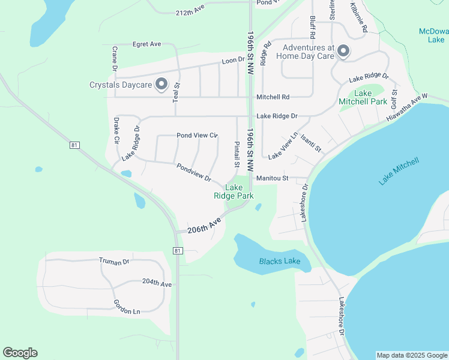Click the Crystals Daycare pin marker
pos(161,85)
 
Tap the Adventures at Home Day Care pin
pos(343,51)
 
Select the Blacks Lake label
pos(280,261)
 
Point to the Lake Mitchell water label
pos(399,172)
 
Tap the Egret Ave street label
pos(146,44)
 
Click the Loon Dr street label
pos(234,60)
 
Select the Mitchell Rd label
pos(273,97)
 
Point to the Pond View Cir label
pos(197,136)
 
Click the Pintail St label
pos(237,154)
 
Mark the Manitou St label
pos(273,178)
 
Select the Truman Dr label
pos(114,261)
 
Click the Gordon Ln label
pos(126,307)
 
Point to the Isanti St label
pos(311,143)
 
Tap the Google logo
pos(20,353)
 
